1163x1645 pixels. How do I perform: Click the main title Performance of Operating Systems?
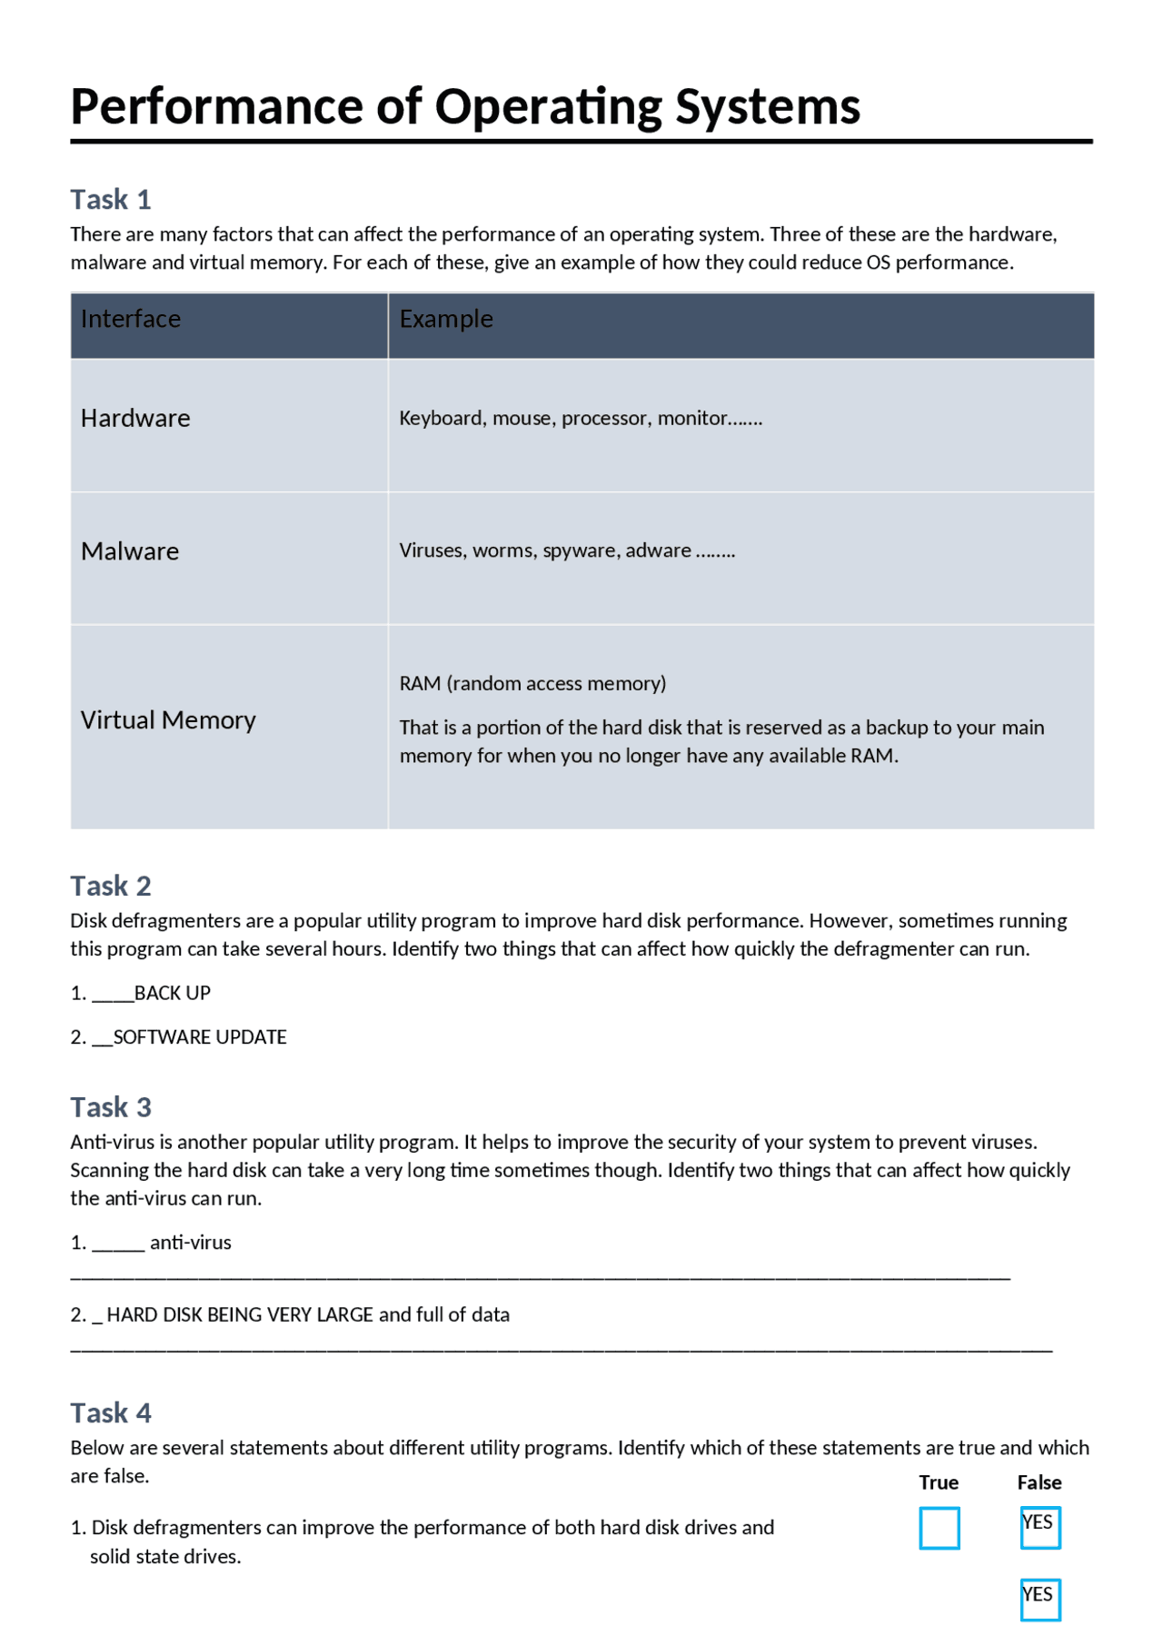[464, 106]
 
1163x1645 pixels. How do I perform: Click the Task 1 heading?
[110, 199]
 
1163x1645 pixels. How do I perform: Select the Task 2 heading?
[110, 886]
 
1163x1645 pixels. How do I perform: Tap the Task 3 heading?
[110, 1107]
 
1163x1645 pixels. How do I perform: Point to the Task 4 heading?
[110, 1412]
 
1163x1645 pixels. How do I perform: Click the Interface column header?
[130, 319]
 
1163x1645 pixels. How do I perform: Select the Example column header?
[445, 319]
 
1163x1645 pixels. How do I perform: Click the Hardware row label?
[135, 418]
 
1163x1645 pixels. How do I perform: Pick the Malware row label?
[129, 551]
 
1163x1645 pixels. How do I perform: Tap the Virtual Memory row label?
[168, 720]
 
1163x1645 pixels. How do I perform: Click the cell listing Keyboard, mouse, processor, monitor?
[580, 418]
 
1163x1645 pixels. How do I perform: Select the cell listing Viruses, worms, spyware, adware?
[566, 550]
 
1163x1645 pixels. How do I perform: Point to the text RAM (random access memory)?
[532, 683]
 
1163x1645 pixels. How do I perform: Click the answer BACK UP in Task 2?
[172, 993]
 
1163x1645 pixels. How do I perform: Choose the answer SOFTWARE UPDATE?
[199, 1037]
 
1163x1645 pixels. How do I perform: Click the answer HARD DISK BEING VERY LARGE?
[240, 1314]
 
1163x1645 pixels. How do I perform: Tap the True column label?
[938, 1482]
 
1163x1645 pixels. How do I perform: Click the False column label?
[1039, 1482]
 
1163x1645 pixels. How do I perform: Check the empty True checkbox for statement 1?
[939, 1528]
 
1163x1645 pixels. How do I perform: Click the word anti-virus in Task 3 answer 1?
[190, 1243]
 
